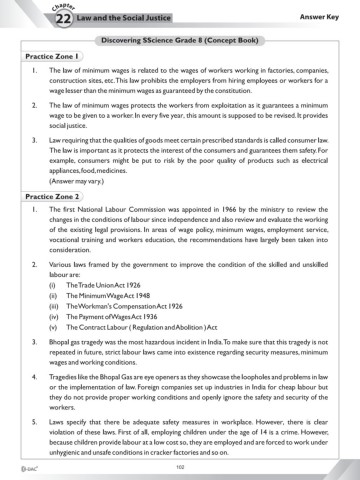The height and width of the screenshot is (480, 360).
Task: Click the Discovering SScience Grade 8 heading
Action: [x=180, y=38]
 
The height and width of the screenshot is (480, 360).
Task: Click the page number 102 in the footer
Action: [x=180, y=463]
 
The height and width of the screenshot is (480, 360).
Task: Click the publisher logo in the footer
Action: [x=16, y=464]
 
